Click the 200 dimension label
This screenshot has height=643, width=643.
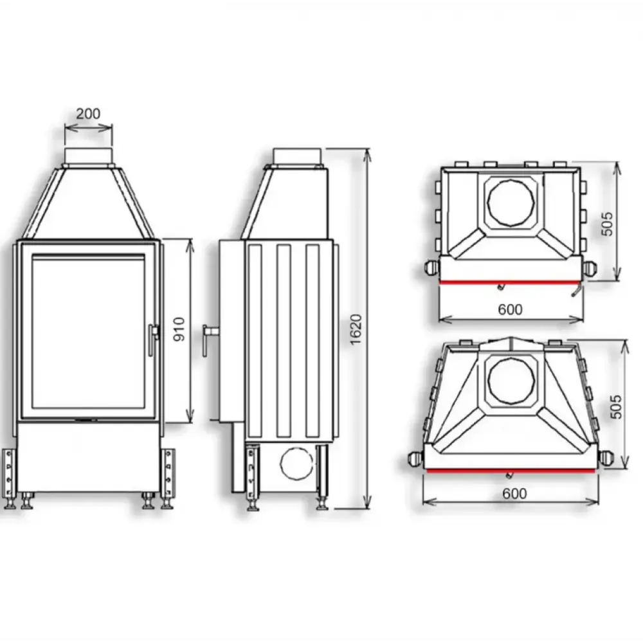88,114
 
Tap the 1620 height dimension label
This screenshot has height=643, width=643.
357,329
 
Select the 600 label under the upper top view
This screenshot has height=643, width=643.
511,309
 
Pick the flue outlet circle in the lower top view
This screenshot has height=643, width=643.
511,377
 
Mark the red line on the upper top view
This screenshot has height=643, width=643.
511,282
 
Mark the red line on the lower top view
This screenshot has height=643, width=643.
511,470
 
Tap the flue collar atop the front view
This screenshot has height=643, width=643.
88,155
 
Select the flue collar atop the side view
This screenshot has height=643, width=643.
296,156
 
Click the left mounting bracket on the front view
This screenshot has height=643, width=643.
8,473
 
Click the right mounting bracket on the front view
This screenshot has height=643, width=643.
168,473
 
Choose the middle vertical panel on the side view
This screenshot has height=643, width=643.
284,341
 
